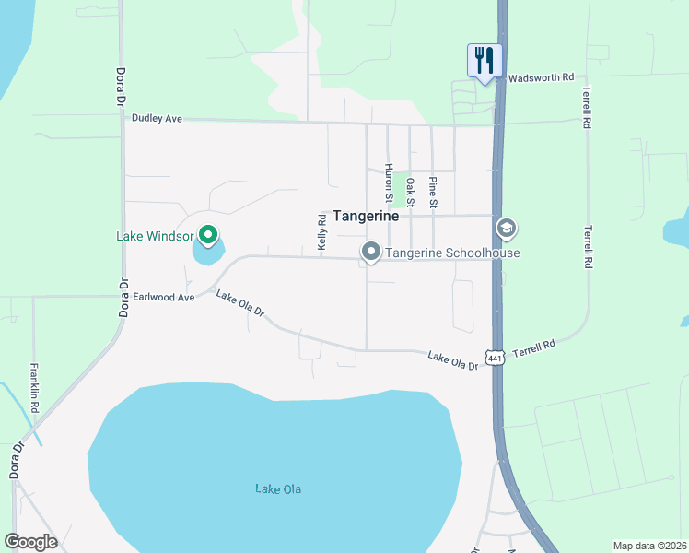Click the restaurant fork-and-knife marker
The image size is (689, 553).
pyautogui.click(x=485, y=61)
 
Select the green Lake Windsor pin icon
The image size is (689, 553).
pyautogui.click(x=208, y=237)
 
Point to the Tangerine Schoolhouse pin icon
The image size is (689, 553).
pyautogui.click(x=371, y=252)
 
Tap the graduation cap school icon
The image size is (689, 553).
pyautogui.click(x=505, y=228)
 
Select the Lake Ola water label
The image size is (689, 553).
pyautogui.click(x=278, y=488)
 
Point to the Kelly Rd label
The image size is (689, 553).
pyautogui.click(x=322, y=232)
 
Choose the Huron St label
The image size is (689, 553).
pyautogui.click(x=390, y=182)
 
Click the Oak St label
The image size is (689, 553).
pyautogui.click(x=411, y=193)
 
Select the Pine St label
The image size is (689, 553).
pyautogui.click(x=433, y=193)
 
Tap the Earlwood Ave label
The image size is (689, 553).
pyautogui.click(x=164, y=298)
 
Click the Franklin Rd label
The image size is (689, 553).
pyautogui.click(x=35, y=387)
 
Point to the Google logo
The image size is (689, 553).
pyautogui.click(x=30, y=542)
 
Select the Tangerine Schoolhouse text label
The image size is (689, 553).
pyautogui.click(x=453, y=253)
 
